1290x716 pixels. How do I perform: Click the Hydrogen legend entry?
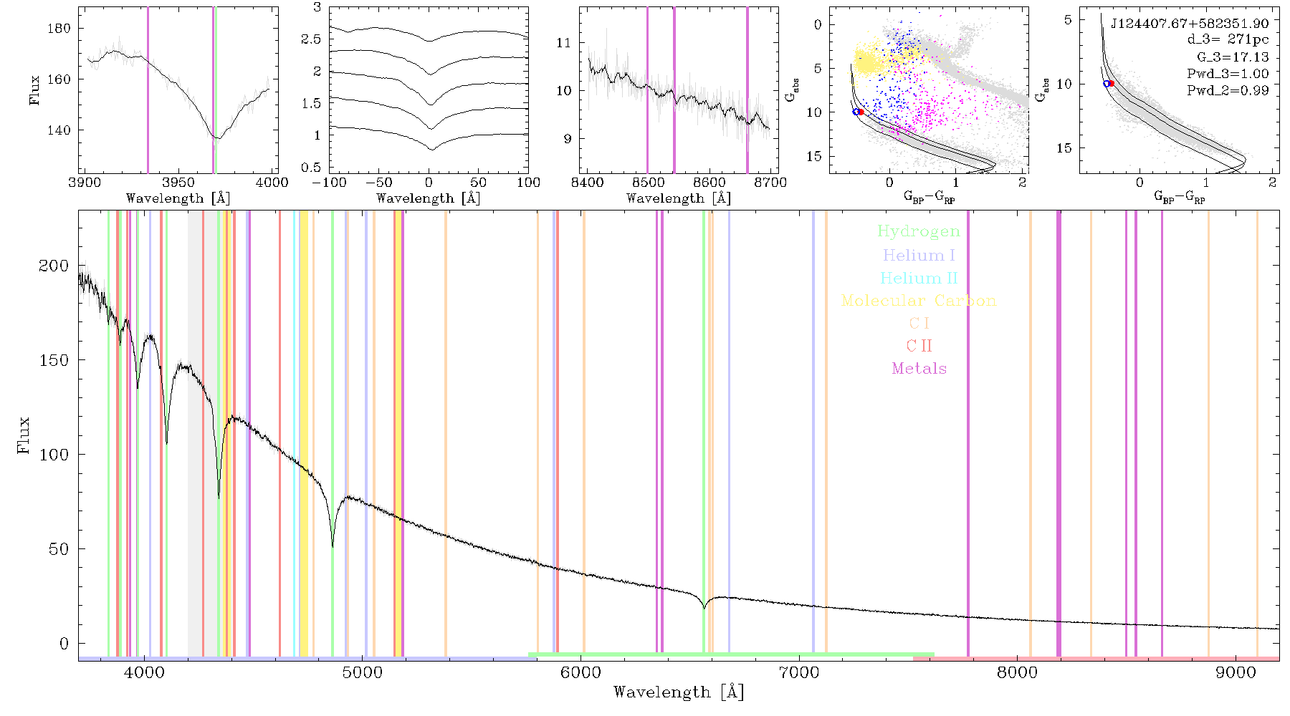coord(918,231)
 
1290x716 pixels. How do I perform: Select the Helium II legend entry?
coord(919,278)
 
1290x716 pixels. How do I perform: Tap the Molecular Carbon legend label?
coord(919,301)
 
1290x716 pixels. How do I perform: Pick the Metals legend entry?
coord(919,368)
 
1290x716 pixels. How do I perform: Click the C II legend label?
coord(919,346)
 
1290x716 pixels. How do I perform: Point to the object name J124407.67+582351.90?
coord(1190,24)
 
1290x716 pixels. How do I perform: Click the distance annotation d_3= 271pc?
coord(1228,40)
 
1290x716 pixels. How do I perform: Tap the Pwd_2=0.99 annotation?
coord(1228,90)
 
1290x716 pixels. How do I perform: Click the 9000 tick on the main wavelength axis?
coord(1236,672)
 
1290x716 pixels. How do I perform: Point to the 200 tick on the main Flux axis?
coord(54,266)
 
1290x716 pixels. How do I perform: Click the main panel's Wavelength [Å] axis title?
coord(679,692)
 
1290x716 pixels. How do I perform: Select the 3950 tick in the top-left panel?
coord(178,182)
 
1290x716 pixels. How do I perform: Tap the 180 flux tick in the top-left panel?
coord(59,28)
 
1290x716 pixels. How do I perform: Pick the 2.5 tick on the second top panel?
coord(312,39)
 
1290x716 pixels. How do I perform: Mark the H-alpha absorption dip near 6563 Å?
coord(704,608)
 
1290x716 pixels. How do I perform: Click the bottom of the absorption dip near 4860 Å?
coord(333,546)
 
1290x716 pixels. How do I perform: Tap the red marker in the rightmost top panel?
coord(1112,84)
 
